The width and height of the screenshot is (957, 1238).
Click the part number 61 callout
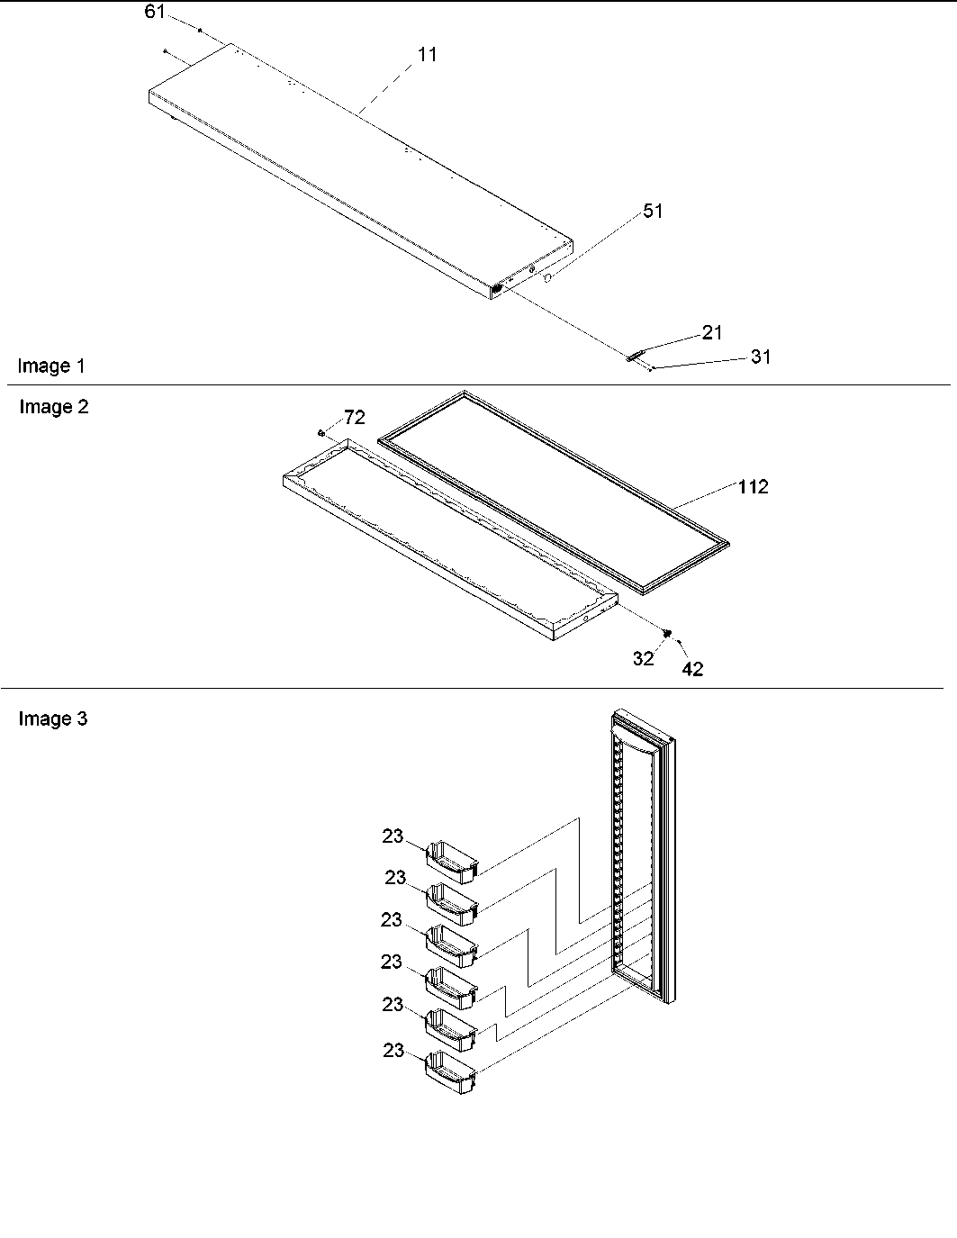click(x=155, y=12)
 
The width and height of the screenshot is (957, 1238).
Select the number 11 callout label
click(x=427, y=55)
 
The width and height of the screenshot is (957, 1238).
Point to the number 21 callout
click(x=712, y=333)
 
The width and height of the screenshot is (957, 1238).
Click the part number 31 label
click(x=761, y=357)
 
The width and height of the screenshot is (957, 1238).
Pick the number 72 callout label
click(x=355, y=418)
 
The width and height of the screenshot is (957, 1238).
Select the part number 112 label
click(x=753, y=487)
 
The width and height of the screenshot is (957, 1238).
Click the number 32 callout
click(x=643, y=658)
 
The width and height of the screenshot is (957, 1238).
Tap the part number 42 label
click(x=692, y=668)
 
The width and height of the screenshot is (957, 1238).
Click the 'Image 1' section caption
click(x=51, y=366)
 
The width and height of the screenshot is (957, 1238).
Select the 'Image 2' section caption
click(x=54, y=407)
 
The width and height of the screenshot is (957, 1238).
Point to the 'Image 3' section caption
click(x=53, y=719)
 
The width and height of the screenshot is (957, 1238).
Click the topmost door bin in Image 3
click(x=451, y=858)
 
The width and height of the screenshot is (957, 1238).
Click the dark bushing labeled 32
click(x=667, y=634)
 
